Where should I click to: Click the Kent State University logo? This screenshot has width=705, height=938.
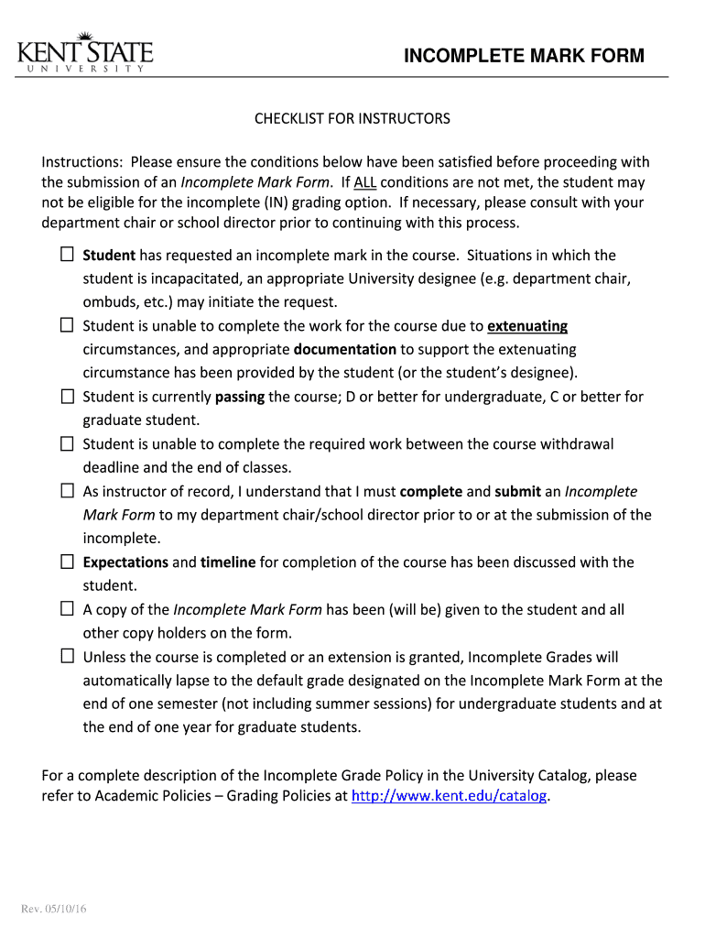pos(84,54)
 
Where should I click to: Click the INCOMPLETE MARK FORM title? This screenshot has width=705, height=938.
pos(525,57)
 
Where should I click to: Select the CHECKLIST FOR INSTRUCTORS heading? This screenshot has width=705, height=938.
pos(352,119)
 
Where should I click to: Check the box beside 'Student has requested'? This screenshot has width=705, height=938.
pos(67,254)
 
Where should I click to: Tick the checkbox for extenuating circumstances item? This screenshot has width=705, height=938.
pos(67,325)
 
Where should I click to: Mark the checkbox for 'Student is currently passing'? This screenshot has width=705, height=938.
pos(67,397)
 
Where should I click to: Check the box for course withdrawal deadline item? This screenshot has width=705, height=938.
pos(67,443)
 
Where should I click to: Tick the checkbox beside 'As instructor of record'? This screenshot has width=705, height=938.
pos(67,491)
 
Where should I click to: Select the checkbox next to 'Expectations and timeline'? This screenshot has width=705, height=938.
pos(67,562)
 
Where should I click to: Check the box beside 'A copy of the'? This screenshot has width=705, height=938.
pos(67,609)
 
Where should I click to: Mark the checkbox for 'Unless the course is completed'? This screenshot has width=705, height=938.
pos(67,657)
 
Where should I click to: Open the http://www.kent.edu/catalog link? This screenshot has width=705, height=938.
pos(450,796)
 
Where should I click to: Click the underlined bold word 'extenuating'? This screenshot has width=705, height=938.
pos(527,326)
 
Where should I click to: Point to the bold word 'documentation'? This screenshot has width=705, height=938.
pos(344,349)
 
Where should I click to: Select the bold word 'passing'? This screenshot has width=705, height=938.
pos(240,397)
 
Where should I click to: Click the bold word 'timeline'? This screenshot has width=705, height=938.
pos(228,562)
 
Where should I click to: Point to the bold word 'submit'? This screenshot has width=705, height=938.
pos(517,491)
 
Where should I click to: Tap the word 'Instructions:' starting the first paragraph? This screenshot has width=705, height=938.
pos(79,163)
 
